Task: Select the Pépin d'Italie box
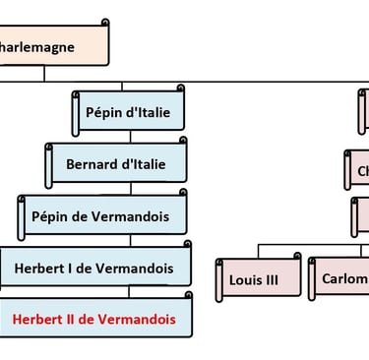pyautogui.click(x=128, y=113)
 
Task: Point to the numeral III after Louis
pyautogui.click(x=269, y=278)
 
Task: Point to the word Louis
pyautogui.click(x=244, y=278)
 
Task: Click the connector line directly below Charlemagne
pyautogui.click(x=43, y=73)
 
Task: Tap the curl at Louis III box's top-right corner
pyautogui.click(x=297, y=257)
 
